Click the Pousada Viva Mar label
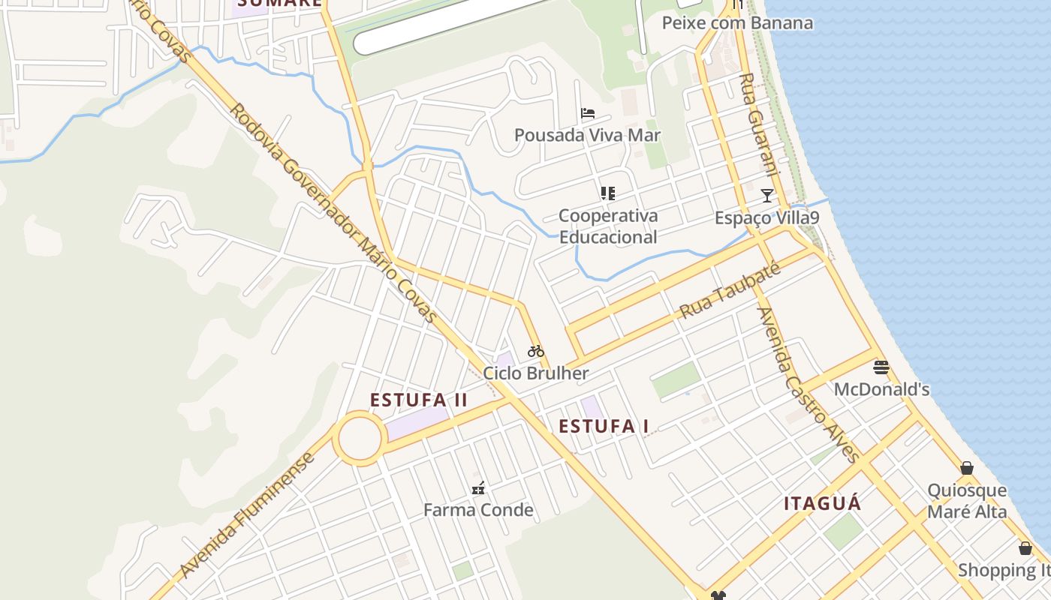[587, 135]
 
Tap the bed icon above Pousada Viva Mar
[588, 114]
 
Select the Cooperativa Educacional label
[608, 226]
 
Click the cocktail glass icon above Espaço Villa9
[766, 196]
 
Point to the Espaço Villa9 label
[766, 218]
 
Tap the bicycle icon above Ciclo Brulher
[535, 350]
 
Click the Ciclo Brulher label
[535, 373]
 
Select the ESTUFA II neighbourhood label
[419, 400]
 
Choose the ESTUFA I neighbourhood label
[604, 427]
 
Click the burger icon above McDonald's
[881, 367]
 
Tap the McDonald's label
[881, 390]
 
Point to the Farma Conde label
[478, 510]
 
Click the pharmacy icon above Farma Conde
[478, 489]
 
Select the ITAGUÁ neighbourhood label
[823, 503]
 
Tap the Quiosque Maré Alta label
[967, 501]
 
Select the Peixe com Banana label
[737, 22]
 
